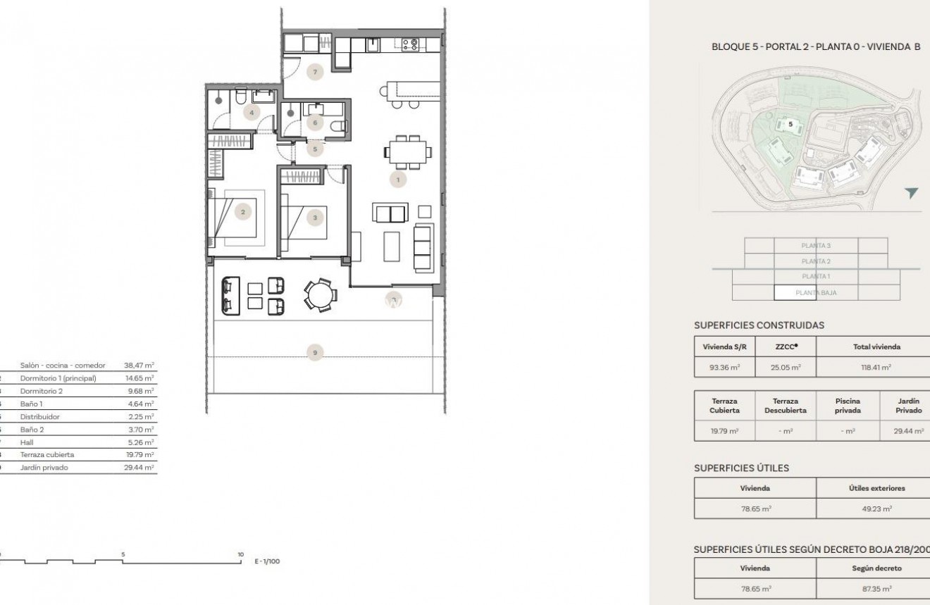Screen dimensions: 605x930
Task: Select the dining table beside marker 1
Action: [x=407, y=150]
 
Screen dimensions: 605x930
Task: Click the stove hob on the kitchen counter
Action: [x=409, y=44]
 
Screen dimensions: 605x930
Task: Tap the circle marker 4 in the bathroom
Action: [x=250, y=112]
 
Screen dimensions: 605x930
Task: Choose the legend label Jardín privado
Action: [x=44, y=467]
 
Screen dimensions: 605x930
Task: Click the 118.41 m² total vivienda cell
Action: [x=876, y=367]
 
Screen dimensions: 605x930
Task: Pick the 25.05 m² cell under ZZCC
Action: [x=786, y=367]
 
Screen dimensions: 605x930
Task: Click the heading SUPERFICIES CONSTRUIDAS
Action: [x=759, y=325]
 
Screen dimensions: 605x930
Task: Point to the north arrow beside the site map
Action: [x=912, y=193]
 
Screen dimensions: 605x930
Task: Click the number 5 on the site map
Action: [x=790, y=124]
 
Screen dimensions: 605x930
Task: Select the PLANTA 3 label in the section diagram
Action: [x=816, y=246]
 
